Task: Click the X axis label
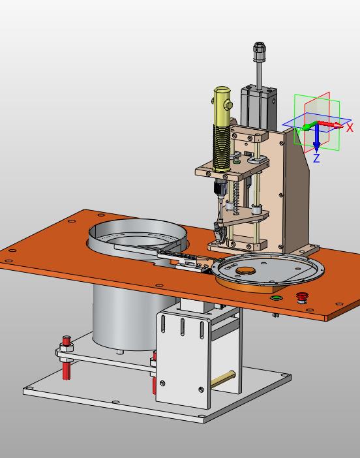[350, 127]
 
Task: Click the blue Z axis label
[316, 158]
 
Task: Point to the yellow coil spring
[222, 147]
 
